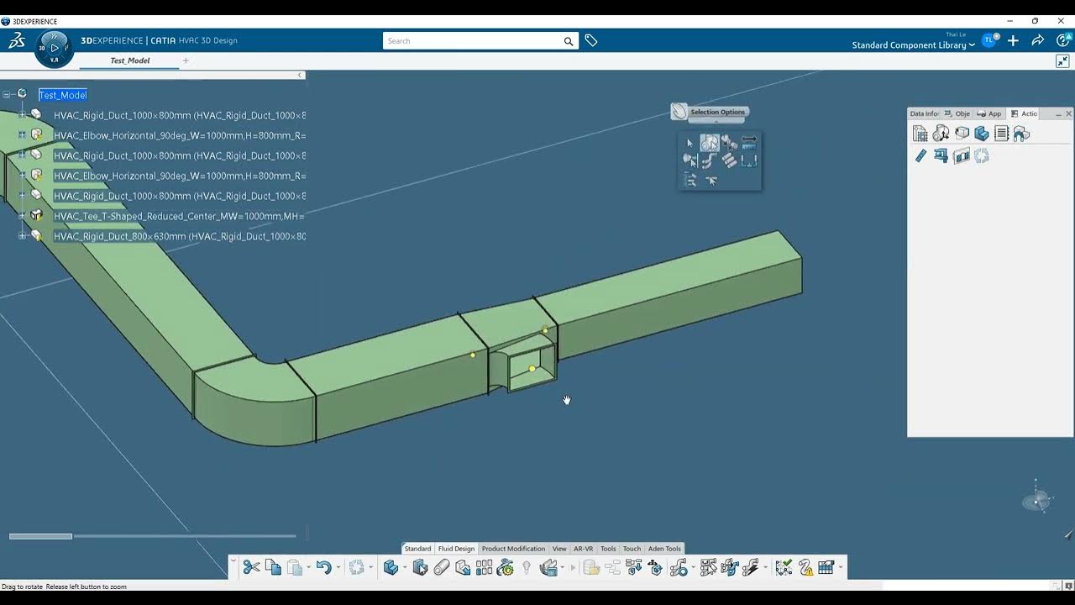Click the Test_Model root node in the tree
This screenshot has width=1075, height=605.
click(x=63, y=95)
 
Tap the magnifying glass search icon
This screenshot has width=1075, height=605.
click(x=569, y=41)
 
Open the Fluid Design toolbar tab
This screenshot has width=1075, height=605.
click(x=456, y=549)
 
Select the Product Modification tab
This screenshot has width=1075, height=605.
click(x=513, y=549)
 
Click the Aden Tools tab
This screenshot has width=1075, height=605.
click(x=664, y=549)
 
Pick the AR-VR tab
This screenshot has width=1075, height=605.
click(x=583, y=549)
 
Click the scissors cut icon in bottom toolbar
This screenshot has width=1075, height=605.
click(x=251, y=568)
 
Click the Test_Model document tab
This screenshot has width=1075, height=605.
click(x=130, y=60)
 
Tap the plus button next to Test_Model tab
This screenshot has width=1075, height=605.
click(x=186, y=60)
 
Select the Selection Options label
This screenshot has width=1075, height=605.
click(x=717, y=112)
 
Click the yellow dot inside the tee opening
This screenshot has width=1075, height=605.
click(x=532, y=369)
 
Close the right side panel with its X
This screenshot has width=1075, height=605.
click(x=1068, y=113)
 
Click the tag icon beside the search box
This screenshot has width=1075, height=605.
click(x=591, y=40)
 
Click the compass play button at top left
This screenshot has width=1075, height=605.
click(x=55, y=48)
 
